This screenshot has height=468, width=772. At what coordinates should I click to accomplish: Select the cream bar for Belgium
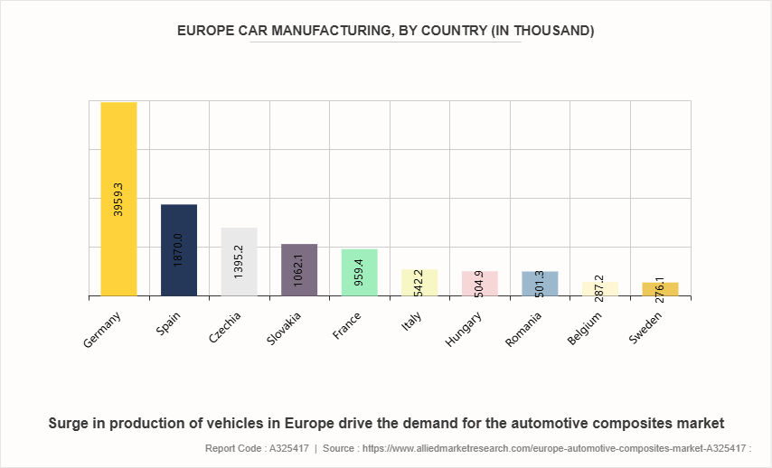pyautogui.click(x=599, y=290)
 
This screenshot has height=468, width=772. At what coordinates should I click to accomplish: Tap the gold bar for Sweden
pyautogui.click(x=660, y=291)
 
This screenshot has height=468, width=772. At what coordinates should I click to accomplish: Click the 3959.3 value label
pyautogui.click(x=118, y=197)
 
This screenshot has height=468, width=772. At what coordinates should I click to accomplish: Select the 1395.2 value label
pyautogui.click(x=239, y=260)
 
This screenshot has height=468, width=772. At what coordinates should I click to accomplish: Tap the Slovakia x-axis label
pyautogui.click(x=286, y=329)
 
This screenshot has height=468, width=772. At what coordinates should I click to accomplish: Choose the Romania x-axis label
pyautogui.click(x=525, y=329)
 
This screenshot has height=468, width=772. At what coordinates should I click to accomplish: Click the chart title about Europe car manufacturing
pyautogui.click(x=386, y=31)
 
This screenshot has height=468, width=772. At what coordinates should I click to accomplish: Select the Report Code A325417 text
pyautogui.click(x=256, y=447)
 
